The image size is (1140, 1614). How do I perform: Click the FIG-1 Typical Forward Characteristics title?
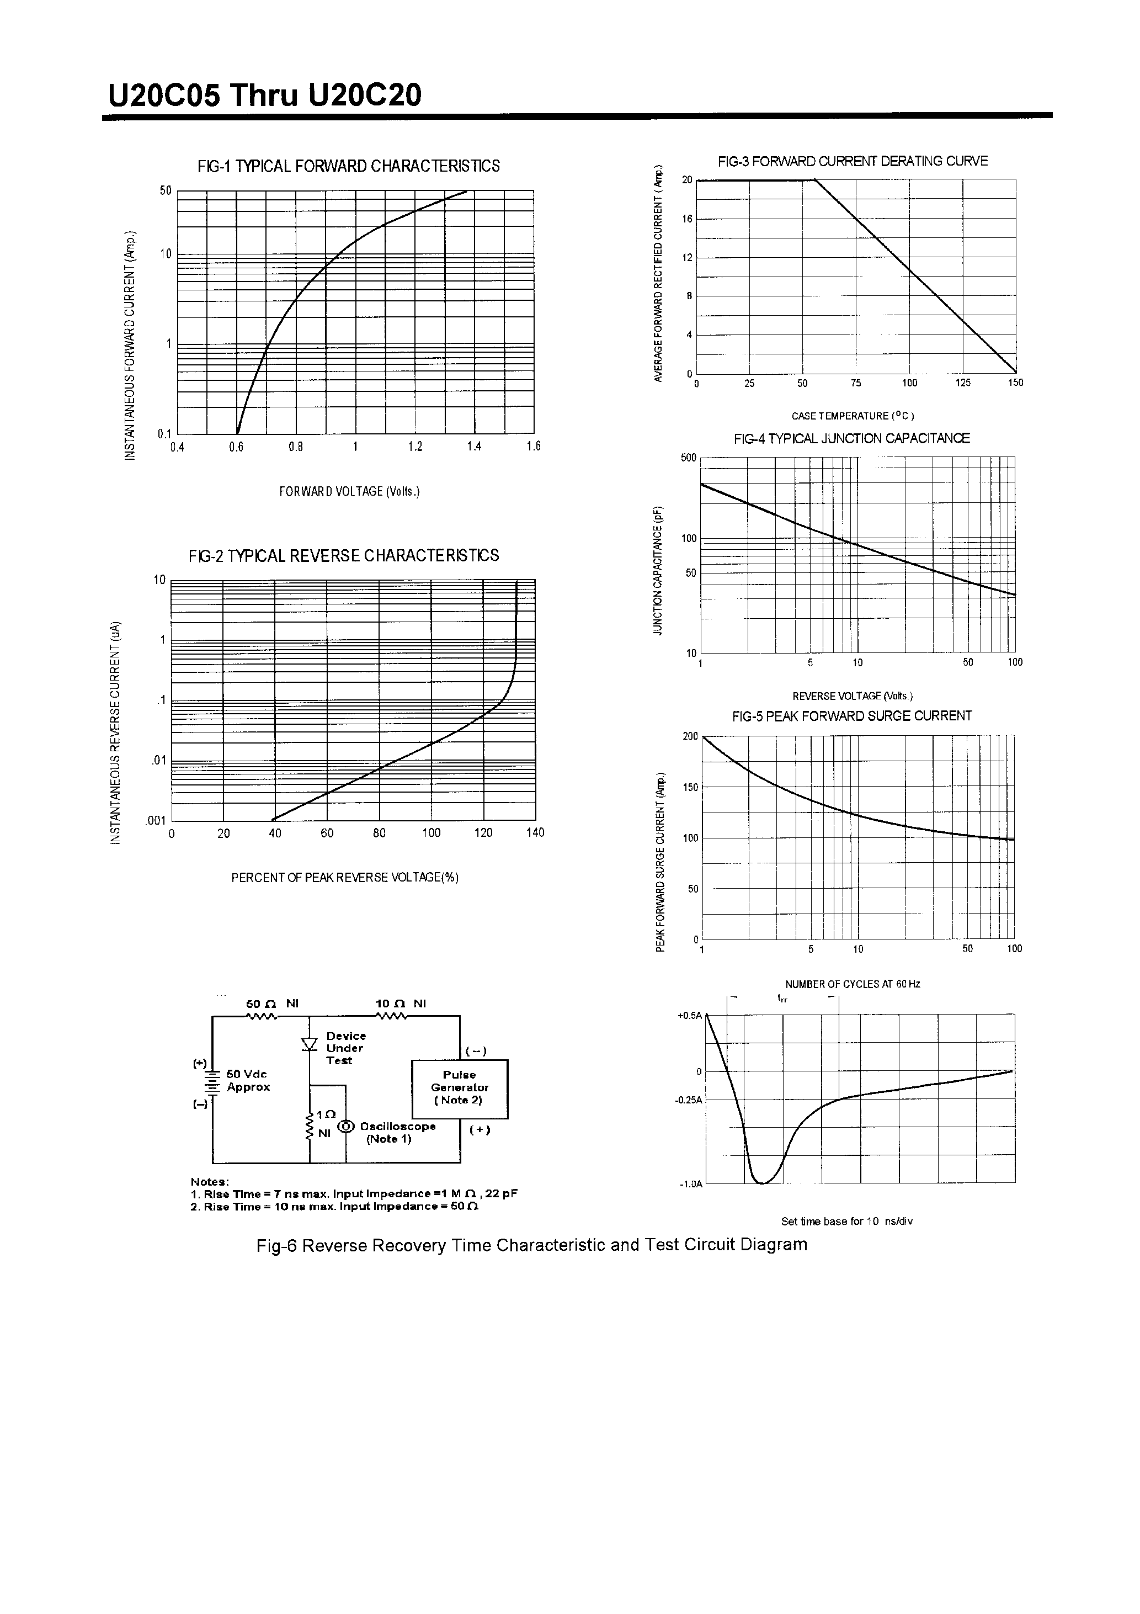tap(349, 166)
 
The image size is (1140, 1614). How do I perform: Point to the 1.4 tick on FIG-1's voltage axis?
tap(475, 447)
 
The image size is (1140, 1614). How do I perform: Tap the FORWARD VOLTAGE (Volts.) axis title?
tap(349, 491)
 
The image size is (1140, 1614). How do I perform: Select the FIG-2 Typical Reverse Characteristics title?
tap(344, 555)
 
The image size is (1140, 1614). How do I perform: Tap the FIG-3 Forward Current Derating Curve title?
tap(853, 161)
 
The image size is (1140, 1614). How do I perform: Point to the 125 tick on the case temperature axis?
tap(962, 383)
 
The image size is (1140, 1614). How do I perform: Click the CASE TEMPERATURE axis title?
tap(853, 416)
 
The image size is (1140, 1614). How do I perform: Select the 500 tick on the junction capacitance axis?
tap(688, 458)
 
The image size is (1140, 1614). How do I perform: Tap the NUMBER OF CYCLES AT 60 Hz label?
tap(853, 984)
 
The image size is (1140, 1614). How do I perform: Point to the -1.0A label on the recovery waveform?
tap(690, 1185)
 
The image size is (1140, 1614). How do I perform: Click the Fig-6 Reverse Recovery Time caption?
tap(531, 1245)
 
